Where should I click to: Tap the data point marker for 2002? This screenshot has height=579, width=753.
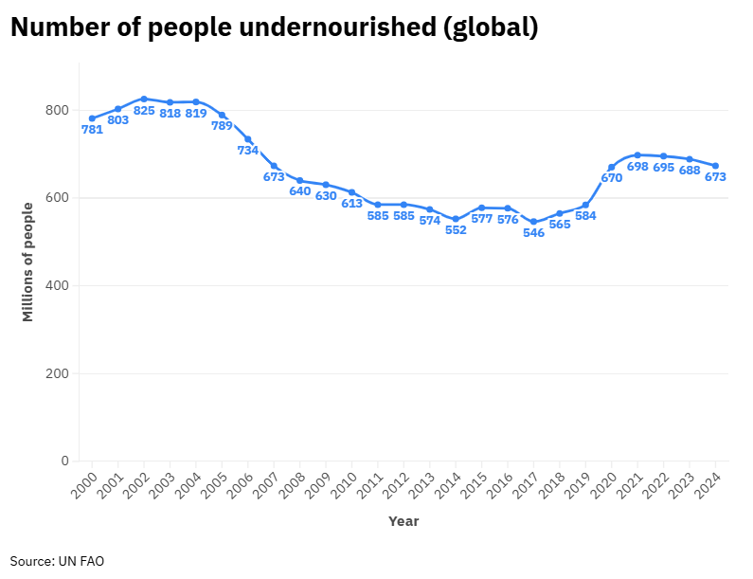click(x=144, y=99)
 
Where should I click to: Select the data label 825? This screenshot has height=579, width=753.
click(x=144, y=111)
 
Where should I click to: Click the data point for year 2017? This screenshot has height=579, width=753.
click(x=533, y=222)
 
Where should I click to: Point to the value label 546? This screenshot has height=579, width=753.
click(x=533, y=233)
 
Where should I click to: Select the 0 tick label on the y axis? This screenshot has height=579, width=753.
click(x=64, y=461)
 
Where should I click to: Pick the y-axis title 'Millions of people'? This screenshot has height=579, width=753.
click(x=27, y=262)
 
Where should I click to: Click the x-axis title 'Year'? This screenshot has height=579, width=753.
click(x=403, y=521)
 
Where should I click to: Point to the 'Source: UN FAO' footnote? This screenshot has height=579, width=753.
click(x=57, y=561)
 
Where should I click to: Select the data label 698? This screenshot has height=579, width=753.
click(x=637, y=167)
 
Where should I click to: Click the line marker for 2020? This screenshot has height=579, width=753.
click(x=611, y=167)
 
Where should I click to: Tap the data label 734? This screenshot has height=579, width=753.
click(x=248, y=151)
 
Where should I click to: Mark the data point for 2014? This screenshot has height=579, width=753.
click(x=456, y=219)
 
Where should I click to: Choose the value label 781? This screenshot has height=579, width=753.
click(x=92, y=130)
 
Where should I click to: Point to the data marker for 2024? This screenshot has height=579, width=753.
click(x=715, y=166)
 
